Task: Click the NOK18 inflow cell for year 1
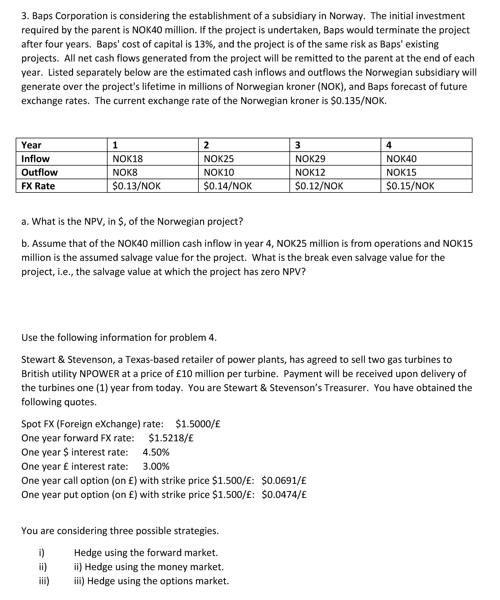click(128, 159)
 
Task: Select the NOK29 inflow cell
click(310, 159)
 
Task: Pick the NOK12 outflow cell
click(310, 172)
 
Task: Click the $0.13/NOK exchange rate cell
click(136, 186)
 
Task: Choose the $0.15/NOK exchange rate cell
click(410, 186)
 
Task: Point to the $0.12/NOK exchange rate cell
click(319, 186)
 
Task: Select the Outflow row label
click(39, 172)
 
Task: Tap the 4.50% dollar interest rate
click(156, 452)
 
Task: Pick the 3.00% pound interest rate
click(156, 466)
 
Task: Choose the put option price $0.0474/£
click(284, 495)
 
